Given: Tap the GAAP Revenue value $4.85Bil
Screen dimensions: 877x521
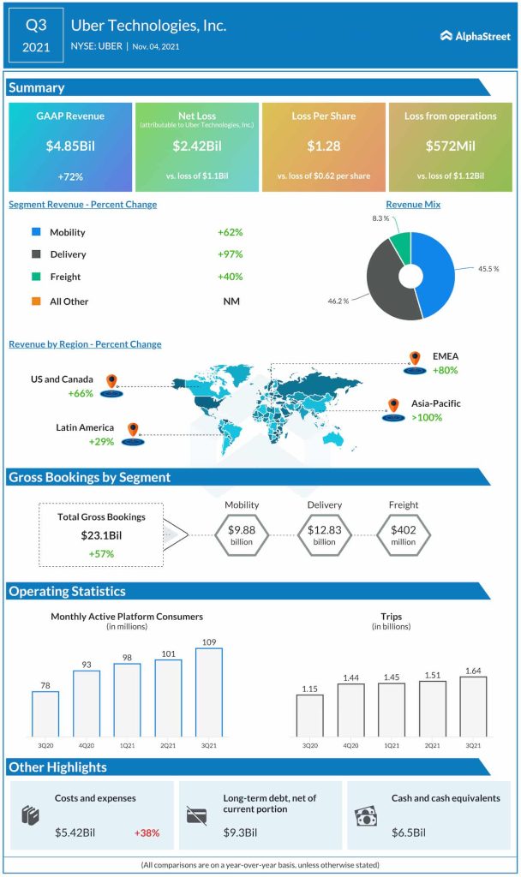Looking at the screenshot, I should click(70, 146).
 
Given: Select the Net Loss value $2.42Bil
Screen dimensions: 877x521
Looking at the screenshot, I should click(196, 146).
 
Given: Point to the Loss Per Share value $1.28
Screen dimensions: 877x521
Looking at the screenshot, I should click(323, 146).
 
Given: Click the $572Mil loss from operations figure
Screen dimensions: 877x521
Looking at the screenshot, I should click(449, 146).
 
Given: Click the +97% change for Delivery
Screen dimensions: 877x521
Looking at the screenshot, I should click(231, 254).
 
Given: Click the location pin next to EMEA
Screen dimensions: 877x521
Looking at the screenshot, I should click(415, 360).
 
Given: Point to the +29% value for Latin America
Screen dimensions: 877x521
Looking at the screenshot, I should click(102, 441).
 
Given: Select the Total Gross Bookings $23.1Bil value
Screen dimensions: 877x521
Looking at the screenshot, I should click(102, 535).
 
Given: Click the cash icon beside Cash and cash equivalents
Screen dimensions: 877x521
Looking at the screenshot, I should click(366, 816).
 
